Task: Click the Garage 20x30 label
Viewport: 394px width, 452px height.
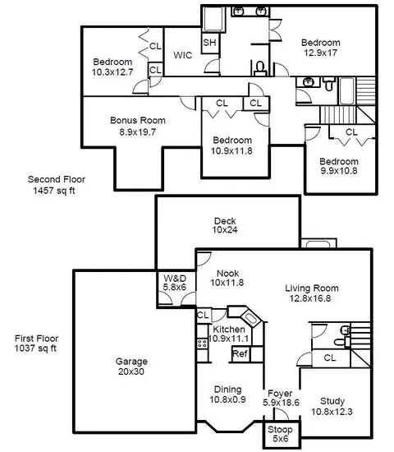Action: (131, 367)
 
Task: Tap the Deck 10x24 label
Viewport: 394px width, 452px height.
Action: (225, 225)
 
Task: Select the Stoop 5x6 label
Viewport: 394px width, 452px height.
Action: (280, 434)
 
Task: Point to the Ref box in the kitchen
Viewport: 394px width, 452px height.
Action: (240, 353)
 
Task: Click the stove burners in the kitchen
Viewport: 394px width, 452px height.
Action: (202, 344)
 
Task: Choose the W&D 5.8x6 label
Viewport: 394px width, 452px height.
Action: (175, 283)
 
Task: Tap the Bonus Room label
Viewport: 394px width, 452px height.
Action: (138, 120)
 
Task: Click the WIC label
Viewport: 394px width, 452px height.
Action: (183, 55)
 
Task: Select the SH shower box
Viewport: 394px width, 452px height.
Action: (210, 44)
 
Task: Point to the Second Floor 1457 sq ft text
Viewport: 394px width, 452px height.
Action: (57, 185)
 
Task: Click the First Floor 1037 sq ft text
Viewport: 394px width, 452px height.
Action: (36, 343)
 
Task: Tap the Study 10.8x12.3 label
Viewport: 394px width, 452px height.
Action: (332, 406)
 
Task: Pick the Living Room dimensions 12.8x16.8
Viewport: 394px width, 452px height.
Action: (310, 298)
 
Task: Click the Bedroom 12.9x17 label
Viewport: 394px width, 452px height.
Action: (321, 48)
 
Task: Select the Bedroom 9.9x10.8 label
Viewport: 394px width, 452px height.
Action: (339, 166)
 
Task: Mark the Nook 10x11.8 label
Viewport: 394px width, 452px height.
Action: (227, 278)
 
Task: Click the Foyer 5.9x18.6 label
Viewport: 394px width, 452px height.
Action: (281, 398)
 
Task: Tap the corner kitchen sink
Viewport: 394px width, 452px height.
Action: (250, 318)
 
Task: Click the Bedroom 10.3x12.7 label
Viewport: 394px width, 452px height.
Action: (112, 67)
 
